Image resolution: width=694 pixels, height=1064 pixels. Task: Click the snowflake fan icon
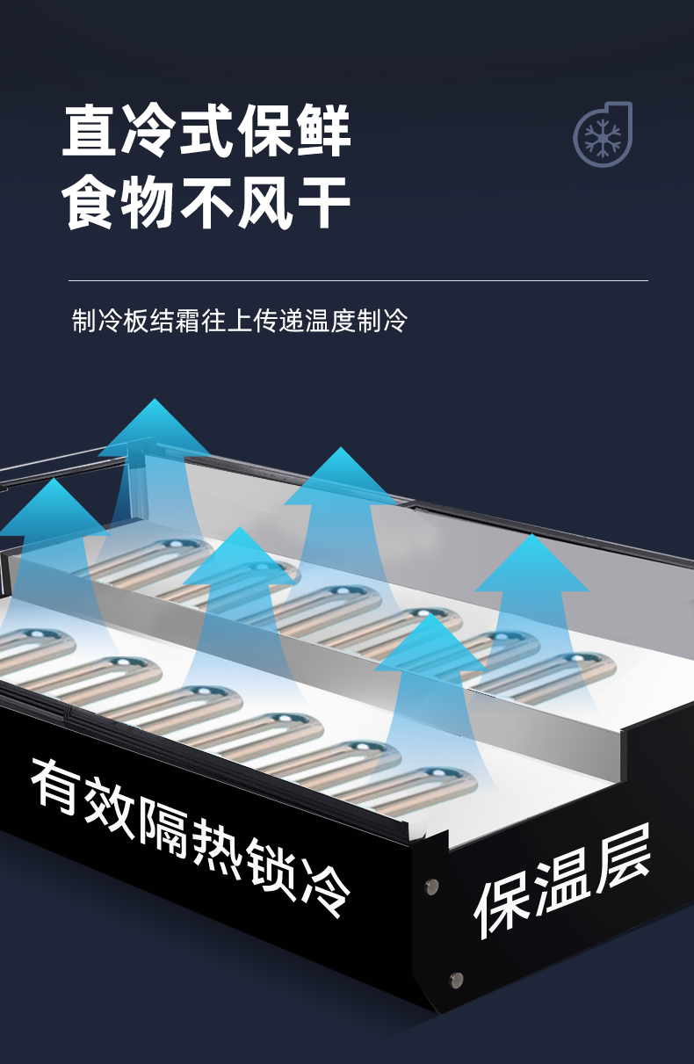pyautogui.click(x=603, y=134)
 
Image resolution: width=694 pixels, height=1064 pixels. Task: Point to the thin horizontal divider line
pyautogui.click(x=358, y=281)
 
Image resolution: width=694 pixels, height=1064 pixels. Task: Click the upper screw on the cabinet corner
pyautogui.click(x=431, y=886)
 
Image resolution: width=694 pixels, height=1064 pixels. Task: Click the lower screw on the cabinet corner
pyautogui.click(x=455, y=980)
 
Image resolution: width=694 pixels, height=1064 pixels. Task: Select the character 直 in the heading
pyautogui.click(x=90, y=131)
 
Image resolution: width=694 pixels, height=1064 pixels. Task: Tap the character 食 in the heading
pyautogui.click(x=90, y=203)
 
